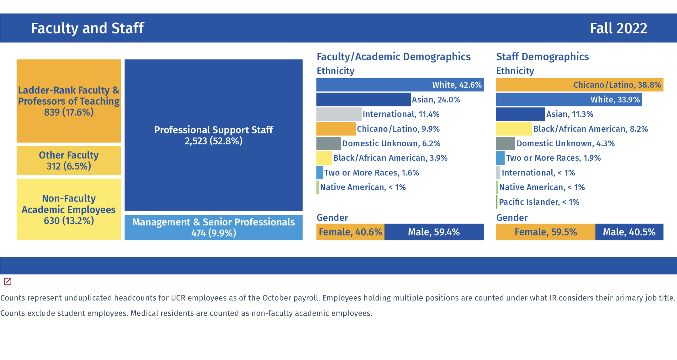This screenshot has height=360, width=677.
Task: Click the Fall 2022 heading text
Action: pos(618,28)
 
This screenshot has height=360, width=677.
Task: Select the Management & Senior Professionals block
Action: pos(213,227)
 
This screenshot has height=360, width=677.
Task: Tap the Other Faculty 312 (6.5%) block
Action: pos(69,160)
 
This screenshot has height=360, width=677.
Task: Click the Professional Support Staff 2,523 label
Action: pos(213,135)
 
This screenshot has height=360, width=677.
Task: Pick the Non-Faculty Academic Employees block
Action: pos(69,209)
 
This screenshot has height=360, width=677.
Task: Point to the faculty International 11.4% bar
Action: pos(339,114)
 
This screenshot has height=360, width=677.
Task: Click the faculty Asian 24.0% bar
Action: pos(363,100)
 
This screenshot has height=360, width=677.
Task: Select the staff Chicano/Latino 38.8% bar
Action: pos(579,85)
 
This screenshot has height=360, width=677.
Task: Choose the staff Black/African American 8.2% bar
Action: pos(514,129)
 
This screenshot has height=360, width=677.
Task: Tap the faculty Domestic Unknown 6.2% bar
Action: pos(329,144)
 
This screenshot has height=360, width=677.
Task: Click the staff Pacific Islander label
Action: pos(539,202)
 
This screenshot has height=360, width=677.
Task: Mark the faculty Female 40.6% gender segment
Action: pos(350,232)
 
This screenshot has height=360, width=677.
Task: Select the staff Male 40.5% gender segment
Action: pos(629,232)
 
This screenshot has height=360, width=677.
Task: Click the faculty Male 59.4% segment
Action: pos(434,232)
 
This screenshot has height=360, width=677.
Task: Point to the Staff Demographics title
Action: pos(542,57)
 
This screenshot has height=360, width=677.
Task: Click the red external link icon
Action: pos(8,281)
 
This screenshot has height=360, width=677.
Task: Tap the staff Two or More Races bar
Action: pos(500,158)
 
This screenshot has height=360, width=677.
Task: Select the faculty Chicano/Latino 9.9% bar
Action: pos(336,129)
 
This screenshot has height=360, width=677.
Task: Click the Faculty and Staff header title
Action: pos(88,28)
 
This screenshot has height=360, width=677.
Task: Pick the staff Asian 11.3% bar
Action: pos(520,114)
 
